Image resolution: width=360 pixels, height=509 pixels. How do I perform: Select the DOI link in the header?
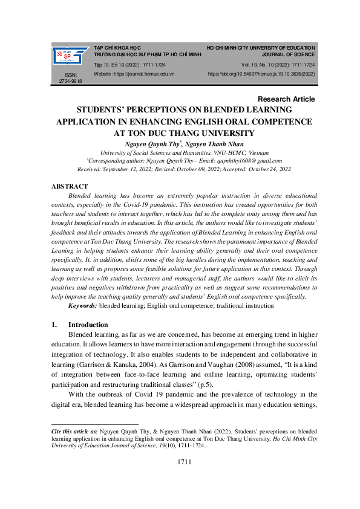261,73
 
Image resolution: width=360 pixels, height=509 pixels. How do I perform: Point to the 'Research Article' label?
286,99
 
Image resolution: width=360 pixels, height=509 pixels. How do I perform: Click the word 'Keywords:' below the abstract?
83,306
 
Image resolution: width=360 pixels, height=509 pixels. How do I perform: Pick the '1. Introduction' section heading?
81,325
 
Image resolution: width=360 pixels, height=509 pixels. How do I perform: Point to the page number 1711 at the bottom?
184,462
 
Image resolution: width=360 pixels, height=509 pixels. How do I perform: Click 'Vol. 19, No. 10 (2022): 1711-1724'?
278,64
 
